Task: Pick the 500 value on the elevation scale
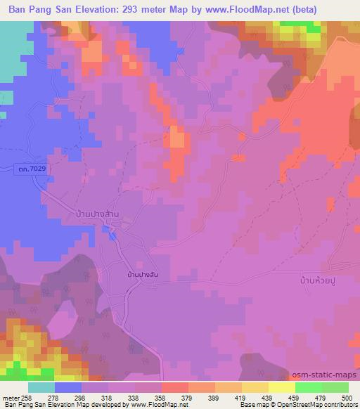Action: pyautogui.click(x=346, y=397)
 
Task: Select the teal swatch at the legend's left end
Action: pyautogui.click(x=41, y=387)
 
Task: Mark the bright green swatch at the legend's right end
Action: pyautogui.click(x=335, y=387)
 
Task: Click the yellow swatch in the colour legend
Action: pyautogui.click(x=281, y=387)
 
